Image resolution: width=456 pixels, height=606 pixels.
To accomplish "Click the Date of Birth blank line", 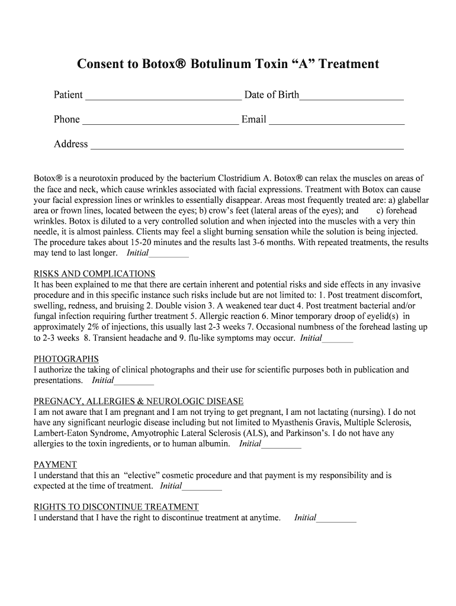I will pos(352,96).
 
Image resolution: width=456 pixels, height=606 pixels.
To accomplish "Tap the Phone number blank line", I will pos(160,121).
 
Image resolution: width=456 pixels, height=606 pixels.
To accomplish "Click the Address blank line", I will pos(246,146).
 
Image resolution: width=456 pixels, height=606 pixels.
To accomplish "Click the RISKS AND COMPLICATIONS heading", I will pos(95,274).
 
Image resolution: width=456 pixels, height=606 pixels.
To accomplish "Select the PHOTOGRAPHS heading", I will pos(66,359).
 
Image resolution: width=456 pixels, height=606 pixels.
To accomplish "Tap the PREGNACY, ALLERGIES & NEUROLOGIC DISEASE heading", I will pos(139,402).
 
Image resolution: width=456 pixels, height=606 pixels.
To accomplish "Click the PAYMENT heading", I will pos(55,465).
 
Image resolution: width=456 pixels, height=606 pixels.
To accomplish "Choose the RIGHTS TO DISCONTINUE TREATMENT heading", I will pos(116,507).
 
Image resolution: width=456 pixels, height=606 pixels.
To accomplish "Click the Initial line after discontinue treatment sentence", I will pos(336,519).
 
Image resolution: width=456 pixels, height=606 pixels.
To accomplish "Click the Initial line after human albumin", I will pos(281,444).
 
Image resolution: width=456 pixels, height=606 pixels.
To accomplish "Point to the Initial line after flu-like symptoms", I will pos(338,339).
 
